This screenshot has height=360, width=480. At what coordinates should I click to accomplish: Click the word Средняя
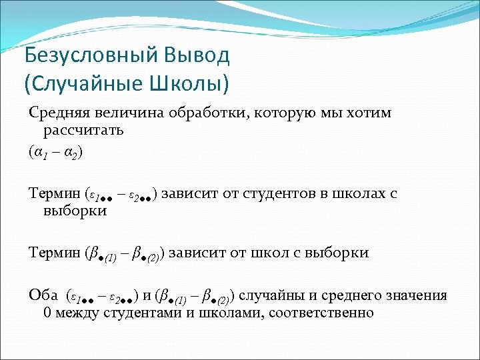click(56, 113)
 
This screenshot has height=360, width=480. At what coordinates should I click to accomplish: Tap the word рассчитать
click(84, 130)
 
